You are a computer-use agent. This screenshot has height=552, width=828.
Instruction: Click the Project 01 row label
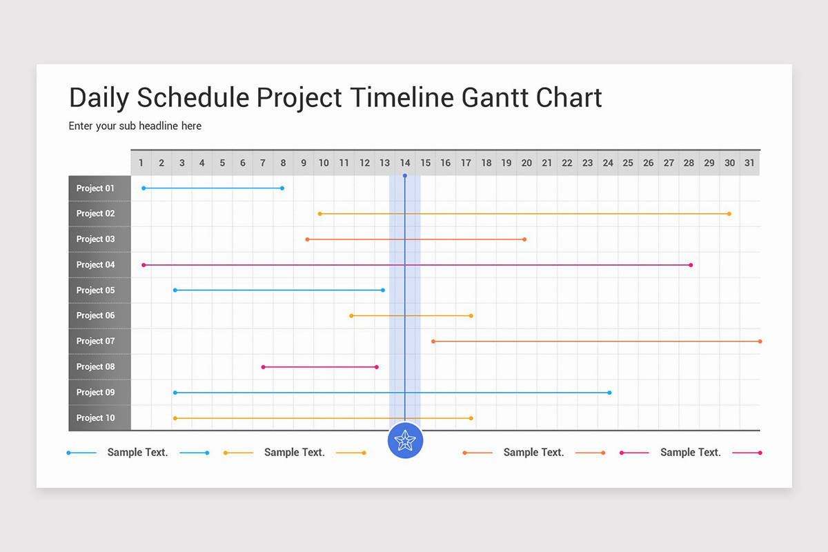click(x=95, y=188)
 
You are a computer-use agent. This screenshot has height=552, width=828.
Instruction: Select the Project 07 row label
click(x=95, y=341)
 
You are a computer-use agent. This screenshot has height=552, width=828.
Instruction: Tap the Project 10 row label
click(x=95, y=417)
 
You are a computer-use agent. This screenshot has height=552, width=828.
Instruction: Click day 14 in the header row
click(x=405, y=163)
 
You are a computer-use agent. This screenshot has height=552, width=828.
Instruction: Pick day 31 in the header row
click(x=749, y=163)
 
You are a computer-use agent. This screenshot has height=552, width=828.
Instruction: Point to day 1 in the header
click(x=141, y=163)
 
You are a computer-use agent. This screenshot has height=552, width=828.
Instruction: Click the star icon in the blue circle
click(x=405, y=440)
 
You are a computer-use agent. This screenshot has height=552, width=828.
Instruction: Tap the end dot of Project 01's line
click(x=282, y=188)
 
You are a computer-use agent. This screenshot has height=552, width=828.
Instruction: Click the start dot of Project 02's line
click(x=319, y=214)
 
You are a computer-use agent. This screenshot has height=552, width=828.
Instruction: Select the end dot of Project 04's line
click(x=691, y=265)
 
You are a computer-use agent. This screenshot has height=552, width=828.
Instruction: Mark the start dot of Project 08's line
click(x=263, y=367)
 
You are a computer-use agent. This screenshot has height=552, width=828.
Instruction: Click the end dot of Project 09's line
click(x=609, y=393)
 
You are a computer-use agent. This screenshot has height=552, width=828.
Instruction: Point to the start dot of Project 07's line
click(x=433, y=341)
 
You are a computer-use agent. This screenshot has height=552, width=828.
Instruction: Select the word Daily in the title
click(x=99, y=97)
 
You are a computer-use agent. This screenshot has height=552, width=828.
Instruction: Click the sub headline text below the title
click(x=135, y=126)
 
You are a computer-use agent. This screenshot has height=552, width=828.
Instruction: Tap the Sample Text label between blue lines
click(x=137, y=453)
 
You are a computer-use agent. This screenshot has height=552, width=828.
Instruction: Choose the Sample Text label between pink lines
click(x=690, y=453)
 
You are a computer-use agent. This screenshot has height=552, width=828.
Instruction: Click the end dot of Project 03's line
click(x=524, y=239)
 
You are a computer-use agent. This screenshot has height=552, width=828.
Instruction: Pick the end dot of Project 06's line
click(x=471, y=316)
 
